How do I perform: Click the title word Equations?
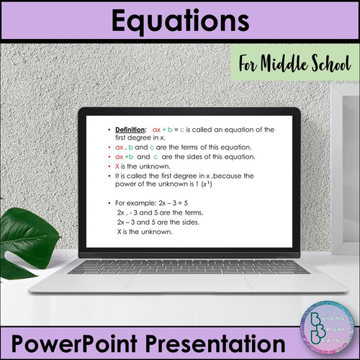pyautogui.click(x=179, y=22)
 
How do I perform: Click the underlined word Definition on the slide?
pyautogui.click(x=130, y=129)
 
